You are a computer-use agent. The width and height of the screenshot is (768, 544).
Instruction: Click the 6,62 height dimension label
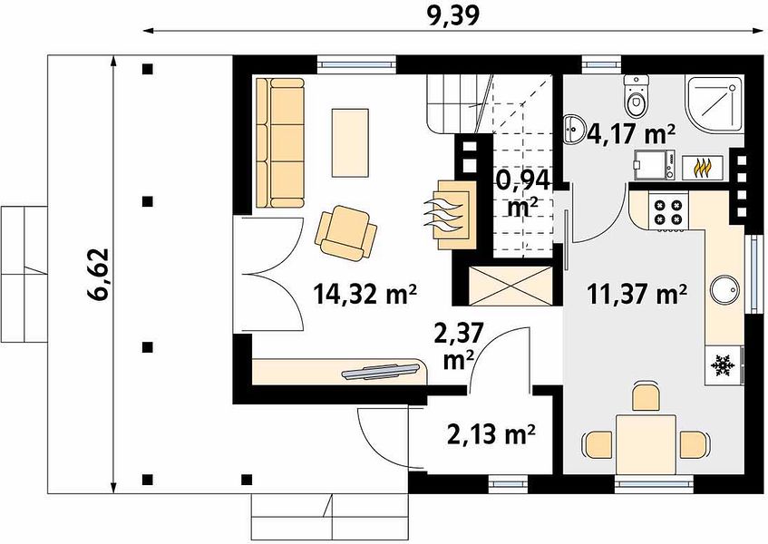click(97, 274)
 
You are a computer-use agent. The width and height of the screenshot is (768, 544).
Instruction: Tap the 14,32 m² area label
click(365, 295)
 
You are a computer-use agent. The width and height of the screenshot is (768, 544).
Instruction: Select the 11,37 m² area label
click(637, 295)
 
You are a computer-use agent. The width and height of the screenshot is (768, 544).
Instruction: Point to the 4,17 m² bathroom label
click(628, 133)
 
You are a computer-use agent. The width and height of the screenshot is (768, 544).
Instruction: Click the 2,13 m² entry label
click(491, 433)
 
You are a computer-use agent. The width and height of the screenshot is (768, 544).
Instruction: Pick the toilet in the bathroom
click(637, 96)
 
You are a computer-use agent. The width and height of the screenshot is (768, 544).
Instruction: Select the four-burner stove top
click(668, 211)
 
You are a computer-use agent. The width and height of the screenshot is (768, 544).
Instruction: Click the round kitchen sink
click(724, 291)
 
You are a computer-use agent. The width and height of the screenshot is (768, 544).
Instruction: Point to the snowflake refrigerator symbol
click(723, 365)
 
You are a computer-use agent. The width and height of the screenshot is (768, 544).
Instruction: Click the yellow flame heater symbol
click(703, 168)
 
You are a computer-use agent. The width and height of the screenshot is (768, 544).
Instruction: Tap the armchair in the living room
click(346, 232)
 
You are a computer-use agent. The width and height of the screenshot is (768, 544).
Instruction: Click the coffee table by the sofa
click(350, 142)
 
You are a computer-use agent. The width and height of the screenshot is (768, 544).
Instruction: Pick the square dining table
click(646, 444)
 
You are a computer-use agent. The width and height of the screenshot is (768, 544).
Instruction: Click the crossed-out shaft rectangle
click(510, 286)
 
